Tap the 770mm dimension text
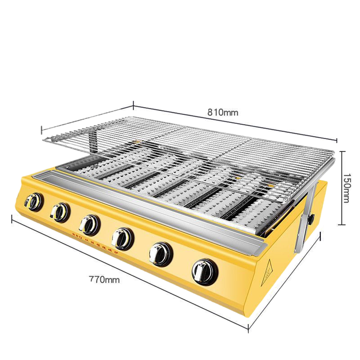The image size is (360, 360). point(104,280)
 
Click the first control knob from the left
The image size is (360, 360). point(33,202)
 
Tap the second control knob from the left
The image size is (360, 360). point(59,211)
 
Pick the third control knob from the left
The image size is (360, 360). point(89,224)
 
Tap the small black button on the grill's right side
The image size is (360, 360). point(310,219)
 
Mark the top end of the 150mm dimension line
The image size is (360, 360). point(342,152)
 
